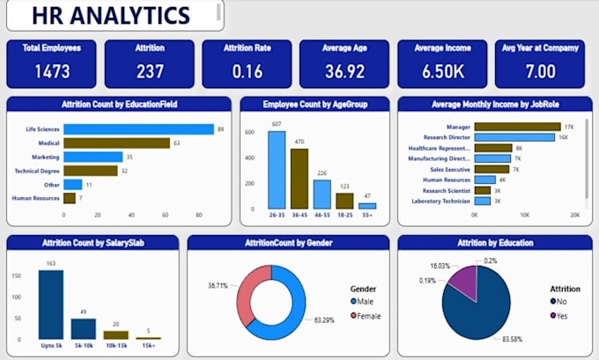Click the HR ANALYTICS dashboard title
[x=111, y=15]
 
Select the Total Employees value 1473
[x=52, y=71]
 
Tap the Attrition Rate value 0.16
[x=247, y=71]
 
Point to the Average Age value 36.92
[x=344, y=71]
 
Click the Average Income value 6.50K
[x=442, y=71]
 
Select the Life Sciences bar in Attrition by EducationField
[x=138, y=129]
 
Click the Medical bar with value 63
[x=116, y=143]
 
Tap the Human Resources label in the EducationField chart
[x=35, y=198]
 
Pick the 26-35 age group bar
[x=277, y=169]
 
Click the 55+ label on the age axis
[x=368, y=215]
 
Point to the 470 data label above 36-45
[x=299, y=141]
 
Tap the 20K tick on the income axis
[x=574, y=215]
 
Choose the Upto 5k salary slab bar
[x=51, y=305]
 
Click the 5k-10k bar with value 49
[x=84, y=328]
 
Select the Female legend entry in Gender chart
[x=367, y=315]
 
